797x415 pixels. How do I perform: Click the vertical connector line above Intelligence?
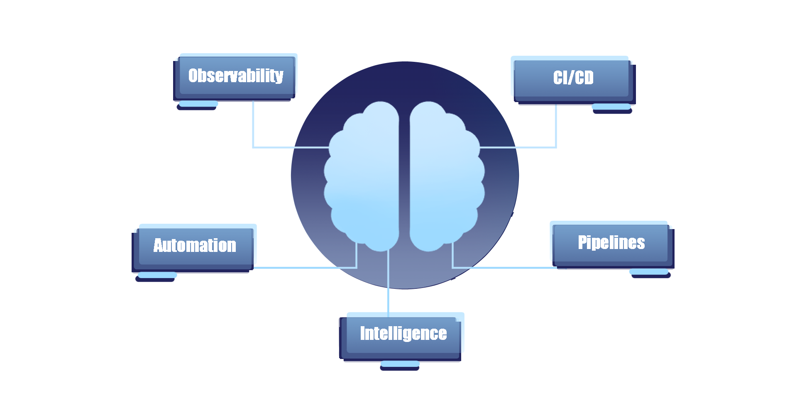(x=388, y=286)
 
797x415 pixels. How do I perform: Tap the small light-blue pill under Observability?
(x=198, y=103)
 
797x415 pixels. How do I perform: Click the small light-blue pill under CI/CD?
(x=611, y=107)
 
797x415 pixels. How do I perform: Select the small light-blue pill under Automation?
(x=157, y=275)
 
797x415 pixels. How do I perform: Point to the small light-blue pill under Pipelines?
(x=649, y=272)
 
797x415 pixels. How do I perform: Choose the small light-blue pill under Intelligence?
(x=400, y=364)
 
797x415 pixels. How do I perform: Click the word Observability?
(x=236, y=76)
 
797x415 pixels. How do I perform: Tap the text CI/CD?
(x=573, y=78)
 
